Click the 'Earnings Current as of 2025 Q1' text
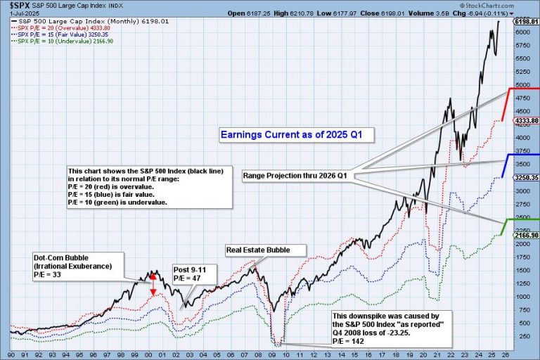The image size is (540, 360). (x=295, y=134)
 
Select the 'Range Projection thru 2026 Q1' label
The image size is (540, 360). (x=297, y=174)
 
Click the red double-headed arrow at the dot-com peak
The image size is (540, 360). (x=154, y=283)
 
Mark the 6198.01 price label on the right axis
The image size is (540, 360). (x=526, y=22)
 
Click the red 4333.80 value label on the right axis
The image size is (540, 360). (x=526, y=121)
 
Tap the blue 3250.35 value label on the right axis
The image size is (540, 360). (x=526, y=178)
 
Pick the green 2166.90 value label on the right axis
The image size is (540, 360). (x=526, y=236)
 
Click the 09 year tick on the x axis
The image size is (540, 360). (x=272, y=355)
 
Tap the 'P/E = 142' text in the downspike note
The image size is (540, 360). (x=349, y=341)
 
